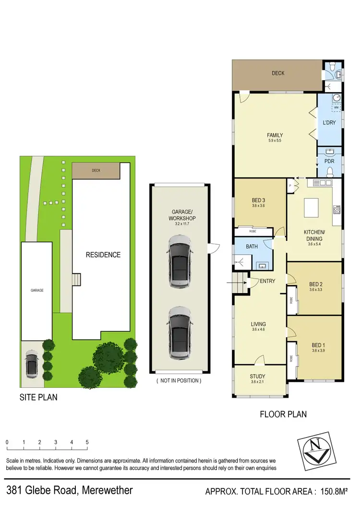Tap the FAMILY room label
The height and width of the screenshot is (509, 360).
(275, 135)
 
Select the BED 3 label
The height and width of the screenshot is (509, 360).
(258, 201)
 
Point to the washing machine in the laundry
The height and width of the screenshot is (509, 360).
(336, 108)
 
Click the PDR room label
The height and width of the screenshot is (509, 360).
(329, 162)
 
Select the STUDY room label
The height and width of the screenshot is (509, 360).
(258, 377)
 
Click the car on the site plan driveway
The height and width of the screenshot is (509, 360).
(31, 365)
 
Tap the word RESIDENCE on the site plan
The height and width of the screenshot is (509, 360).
(103, 255)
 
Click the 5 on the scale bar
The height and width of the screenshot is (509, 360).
(87, 442)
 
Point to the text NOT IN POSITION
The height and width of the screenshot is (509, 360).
(179, 380)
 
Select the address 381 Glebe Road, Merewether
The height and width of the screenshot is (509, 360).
(70, 490)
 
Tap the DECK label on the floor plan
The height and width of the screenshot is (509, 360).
(278, 73)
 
